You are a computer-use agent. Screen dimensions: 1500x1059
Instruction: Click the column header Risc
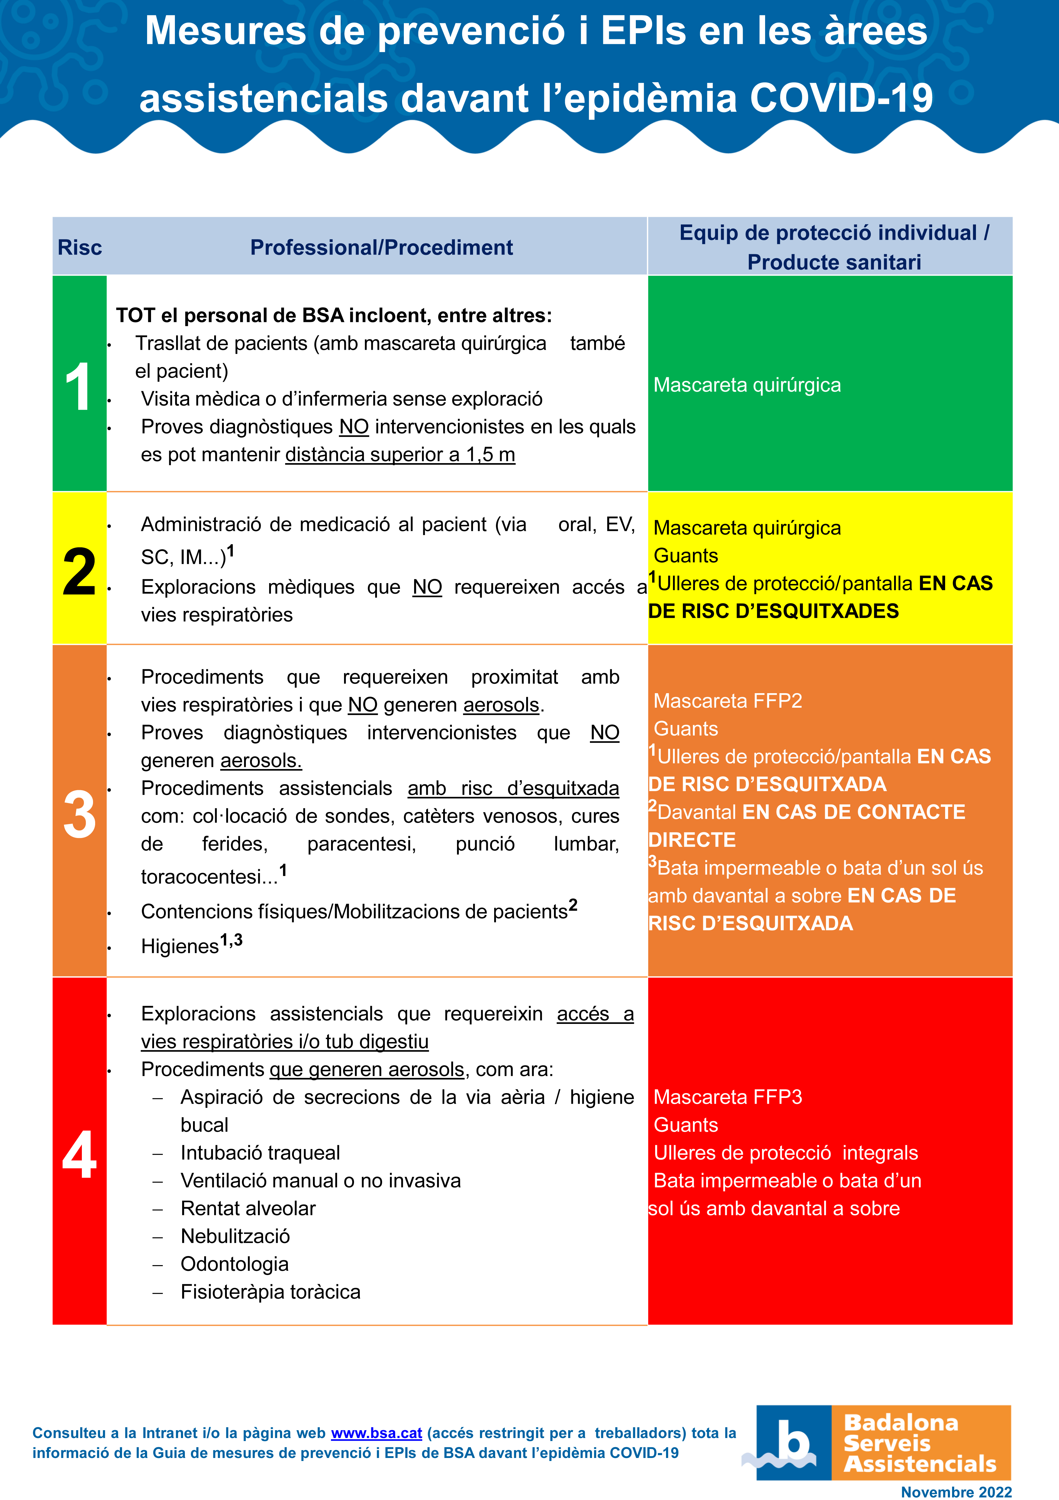pos(80,248)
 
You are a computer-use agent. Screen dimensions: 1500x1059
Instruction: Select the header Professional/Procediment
pos(381,248)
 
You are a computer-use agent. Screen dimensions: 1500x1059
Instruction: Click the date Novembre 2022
pos(956,1492)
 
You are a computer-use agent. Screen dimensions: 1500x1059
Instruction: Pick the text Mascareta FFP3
pos(727,1097)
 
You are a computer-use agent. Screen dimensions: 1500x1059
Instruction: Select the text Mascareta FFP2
pos(727,701)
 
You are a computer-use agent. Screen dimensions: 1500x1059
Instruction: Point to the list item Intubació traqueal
pos(260,1152)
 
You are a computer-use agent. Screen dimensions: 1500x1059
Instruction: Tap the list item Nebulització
pos(235,1236)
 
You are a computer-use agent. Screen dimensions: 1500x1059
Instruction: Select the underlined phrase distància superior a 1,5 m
pos(400,455)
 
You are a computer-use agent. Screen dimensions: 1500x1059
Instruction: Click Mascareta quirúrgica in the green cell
pos(747,385)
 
